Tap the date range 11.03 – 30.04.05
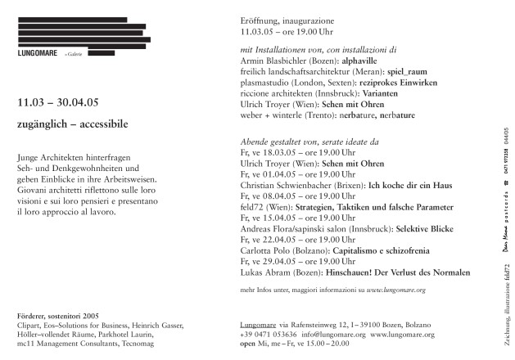click(64, 105)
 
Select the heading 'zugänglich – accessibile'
click(72, 124)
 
